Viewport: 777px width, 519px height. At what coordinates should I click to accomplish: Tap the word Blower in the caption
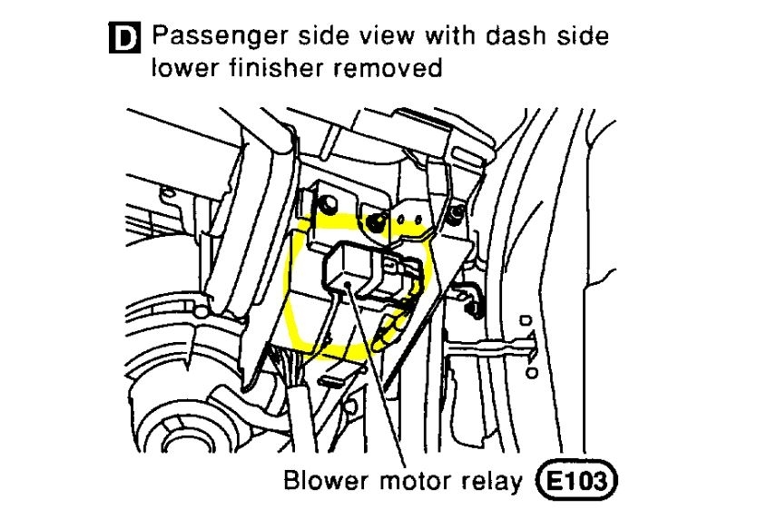[323, 480]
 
